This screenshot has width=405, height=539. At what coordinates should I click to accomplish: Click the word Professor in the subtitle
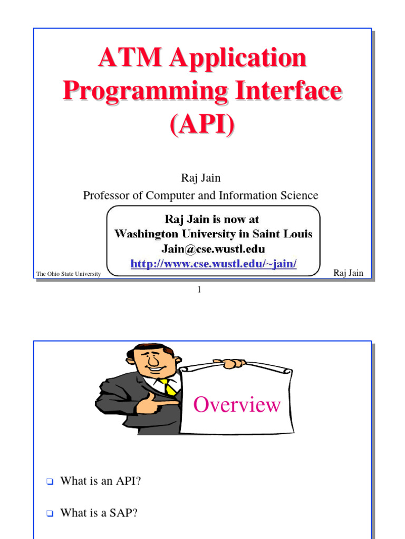coord(106,195)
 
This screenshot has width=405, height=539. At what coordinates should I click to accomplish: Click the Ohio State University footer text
coord(69,274)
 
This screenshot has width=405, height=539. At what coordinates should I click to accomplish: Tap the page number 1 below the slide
coord(200,289)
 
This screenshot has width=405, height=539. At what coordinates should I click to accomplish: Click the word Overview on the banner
coord(237,405)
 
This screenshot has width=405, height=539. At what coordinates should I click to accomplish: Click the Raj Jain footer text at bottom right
coord(349,273)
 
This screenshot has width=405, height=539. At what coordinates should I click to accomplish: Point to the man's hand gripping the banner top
coord(230,363)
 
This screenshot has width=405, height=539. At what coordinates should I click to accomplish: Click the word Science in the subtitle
coord(300,195)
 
